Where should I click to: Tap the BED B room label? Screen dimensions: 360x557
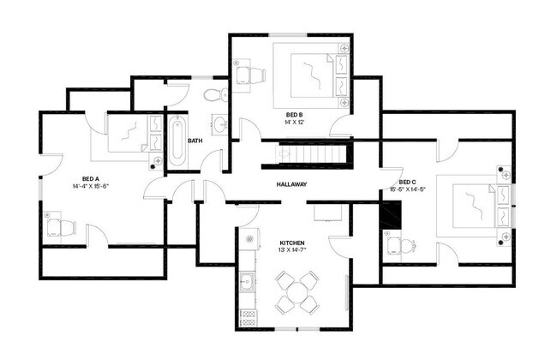(295, 114)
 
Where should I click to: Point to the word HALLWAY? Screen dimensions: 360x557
(291, 184)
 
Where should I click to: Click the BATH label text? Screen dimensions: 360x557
(195, 141)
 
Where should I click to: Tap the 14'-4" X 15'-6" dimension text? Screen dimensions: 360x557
(91, 185)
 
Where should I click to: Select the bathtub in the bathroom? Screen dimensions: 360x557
(177, 141)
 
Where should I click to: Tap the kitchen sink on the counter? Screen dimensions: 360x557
(247, 280)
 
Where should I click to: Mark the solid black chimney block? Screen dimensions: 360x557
(390, 217)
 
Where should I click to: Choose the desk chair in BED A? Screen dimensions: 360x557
(60, 226)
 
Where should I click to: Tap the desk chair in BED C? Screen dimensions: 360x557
(400, 246)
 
